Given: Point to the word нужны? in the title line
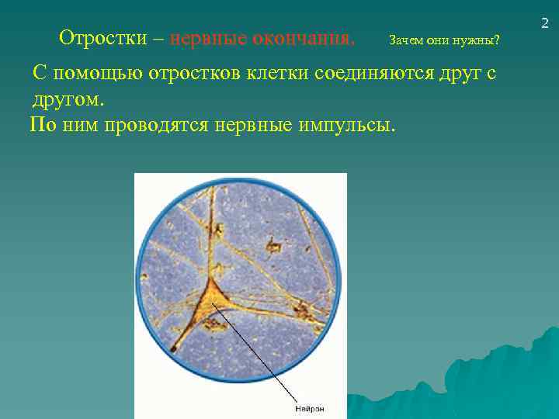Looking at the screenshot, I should (x=482, y=40).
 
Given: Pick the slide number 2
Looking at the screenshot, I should (x=545, y=26).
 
